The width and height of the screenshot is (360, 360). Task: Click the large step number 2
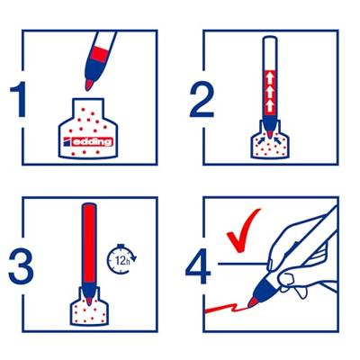(x=202, y=100)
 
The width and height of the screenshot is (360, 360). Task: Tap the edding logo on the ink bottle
(x=88, y=141)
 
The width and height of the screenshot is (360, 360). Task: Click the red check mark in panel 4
(x=243, y=230)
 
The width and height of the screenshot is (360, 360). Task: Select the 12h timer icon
(x=121, y=258)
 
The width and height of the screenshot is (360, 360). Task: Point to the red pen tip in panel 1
(x=89, y=85)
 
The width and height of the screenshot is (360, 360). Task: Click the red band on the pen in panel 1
(x=99, y=54)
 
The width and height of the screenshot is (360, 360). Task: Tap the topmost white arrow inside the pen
(x=270, y=78)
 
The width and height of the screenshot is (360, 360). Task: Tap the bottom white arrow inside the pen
(x=270, y=106)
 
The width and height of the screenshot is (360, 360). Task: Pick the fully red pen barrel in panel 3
(x=89, y=244)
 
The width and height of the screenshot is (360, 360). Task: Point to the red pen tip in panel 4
(x=252, y=302)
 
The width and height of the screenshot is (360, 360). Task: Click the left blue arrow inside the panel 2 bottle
(x=262, y=139)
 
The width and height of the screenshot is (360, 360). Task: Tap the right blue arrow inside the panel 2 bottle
(x=278, y=139)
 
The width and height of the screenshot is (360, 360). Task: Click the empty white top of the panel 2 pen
(x=270, y=53)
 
